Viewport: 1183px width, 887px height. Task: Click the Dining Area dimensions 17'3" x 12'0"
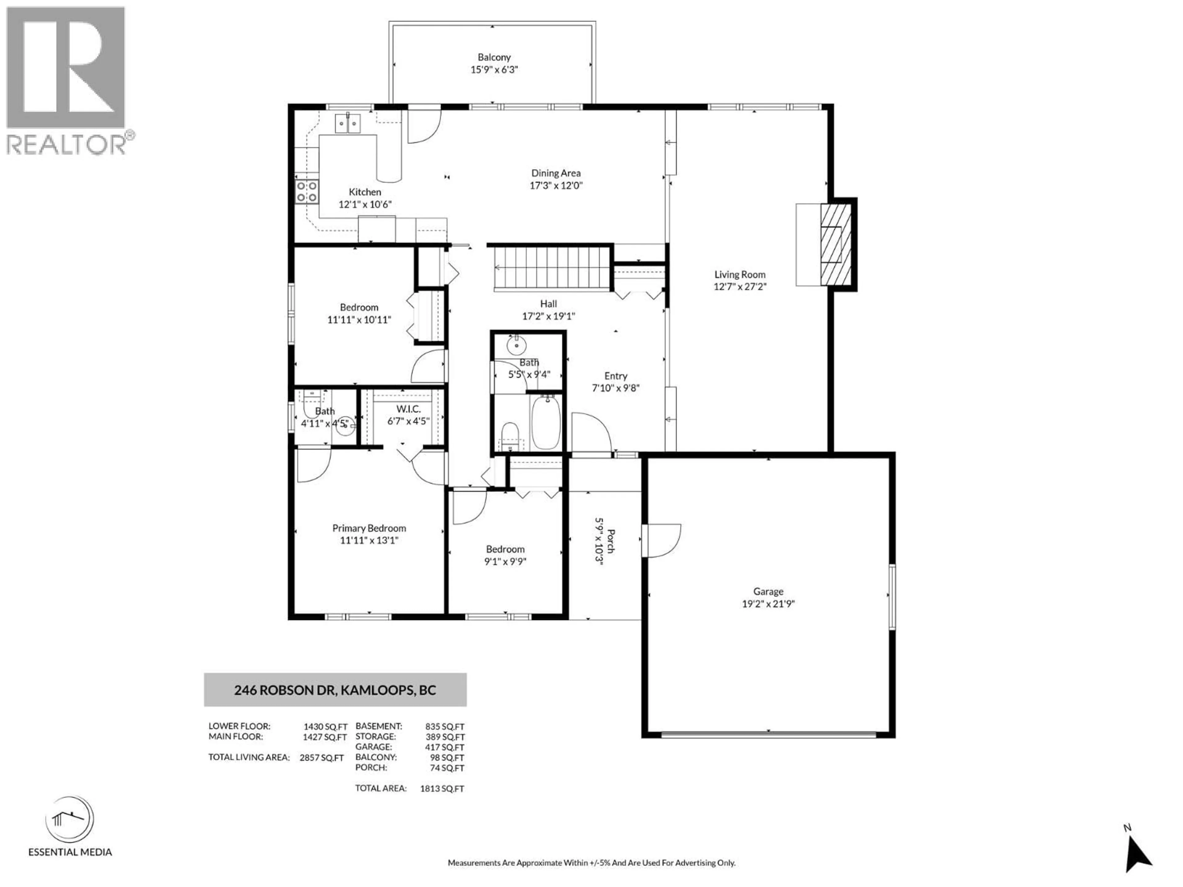click(556, 185)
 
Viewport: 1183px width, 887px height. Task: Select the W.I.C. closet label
click(408, 409)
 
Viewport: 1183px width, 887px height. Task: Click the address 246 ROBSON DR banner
click(335, 690)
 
